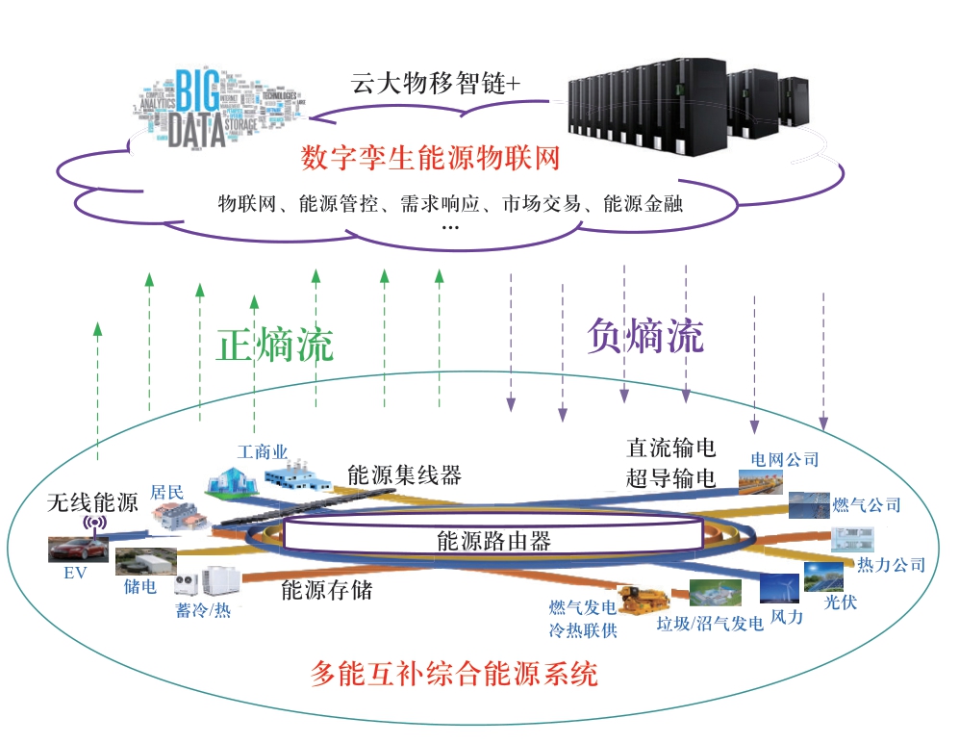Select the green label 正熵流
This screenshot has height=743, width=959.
pyautogui.click(x=275, y=346)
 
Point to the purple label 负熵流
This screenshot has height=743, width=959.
pyautogui.click(x=645, y=336)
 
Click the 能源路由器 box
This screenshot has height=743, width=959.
pyautogui.click(x=493, y=540)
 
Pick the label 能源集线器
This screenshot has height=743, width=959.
pyautogui.click(x=404, y=474)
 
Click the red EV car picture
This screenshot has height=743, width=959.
pyautogui.click(x=76, y=550)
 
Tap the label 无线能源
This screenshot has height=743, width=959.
pyautogui.click(x=94, y=501)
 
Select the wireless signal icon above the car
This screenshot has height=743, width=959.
pyautogui.click(x=94, y=525)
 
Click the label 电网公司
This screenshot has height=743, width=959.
pyautogui.click(x=785, y=460)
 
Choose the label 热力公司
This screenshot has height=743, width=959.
pyautogui.click(x=890, y=565)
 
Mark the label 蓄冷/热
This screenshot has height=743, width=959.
pyautogui.click(x=203, y=610)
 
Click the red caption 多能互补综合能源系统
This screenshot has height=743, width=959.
pyautogui.click(x=455, y=674)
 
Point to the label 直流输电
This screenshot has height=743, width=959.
pyautogui.click(x=671, y=448)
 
